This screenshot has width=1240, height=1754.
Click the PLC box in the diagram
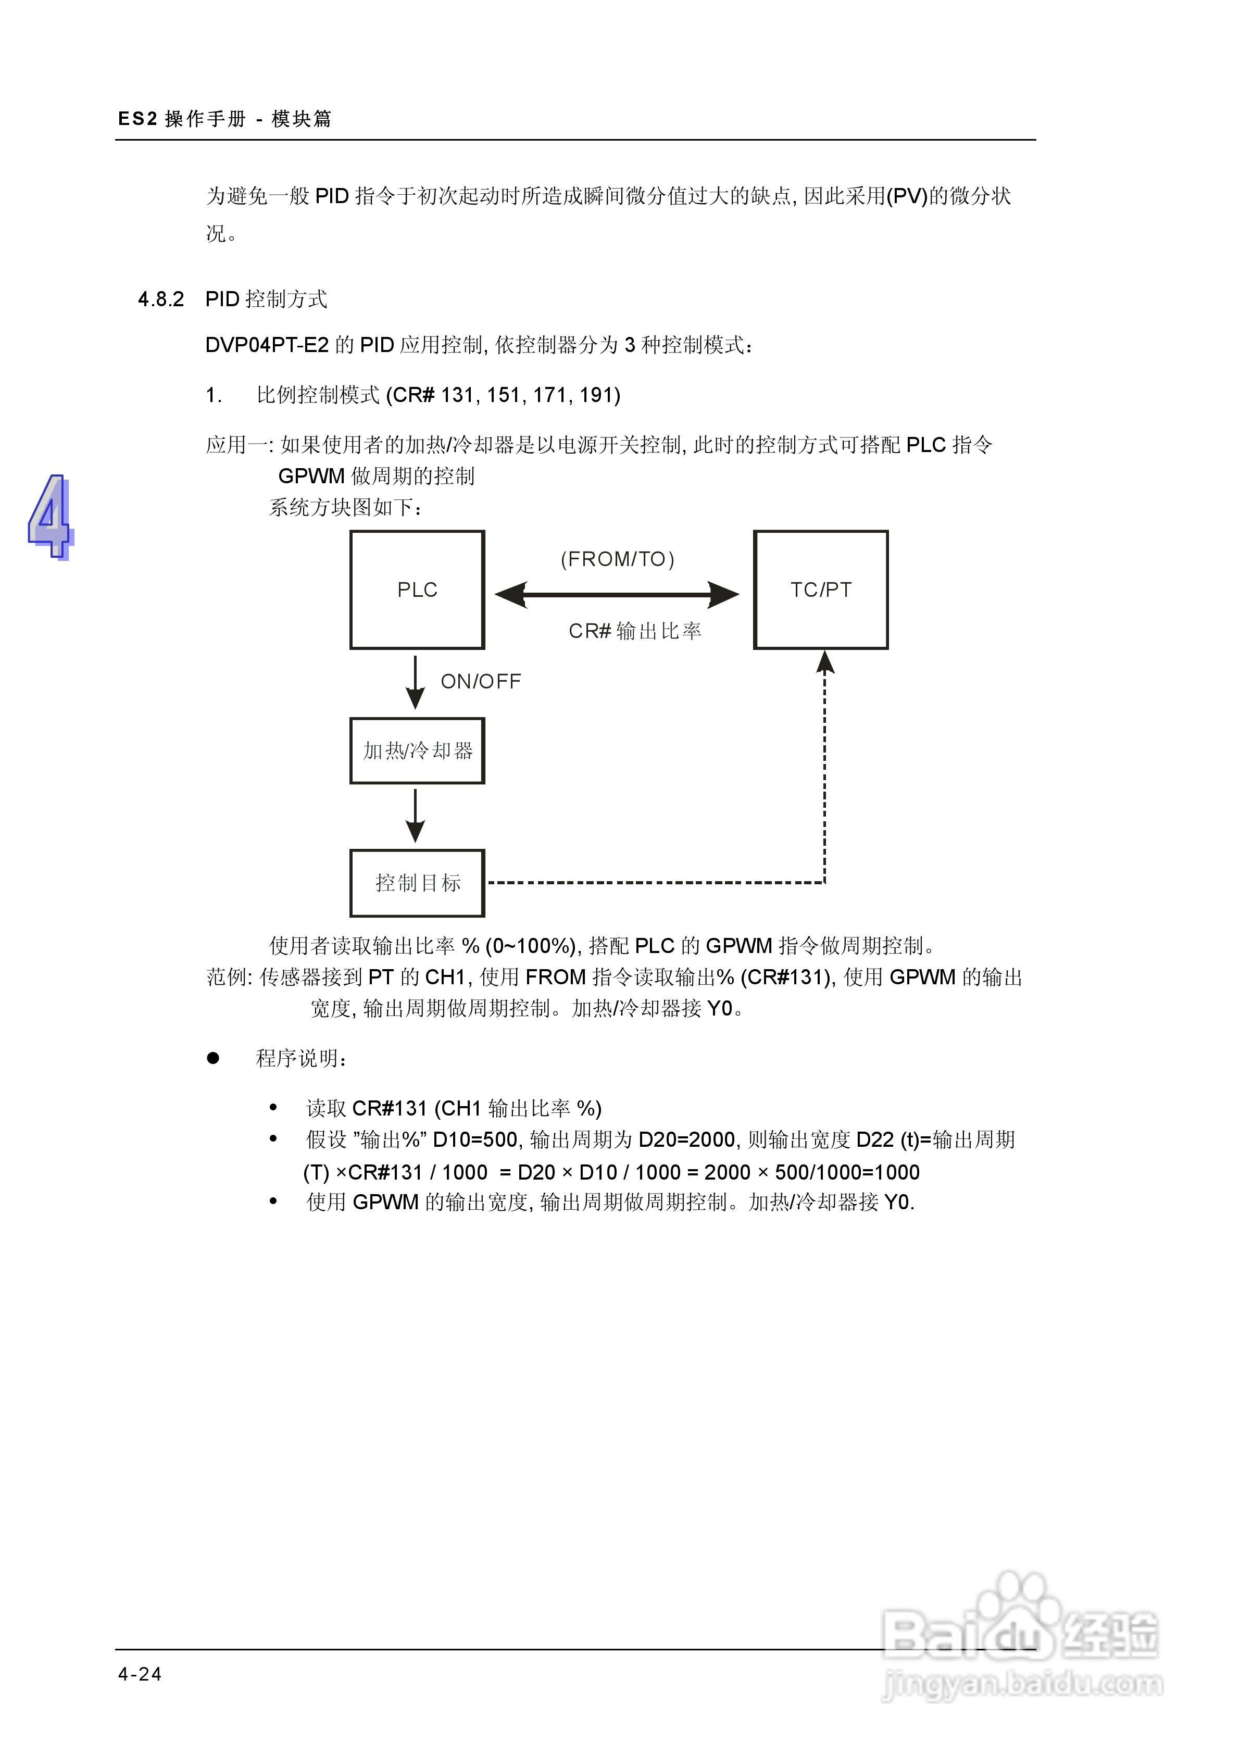click(x=417, y=590)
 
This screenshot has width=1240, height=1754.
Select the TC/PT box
click(x=821, y=590)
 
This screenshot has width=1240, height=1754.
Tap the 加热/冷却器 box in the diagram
click(x=417, y=751)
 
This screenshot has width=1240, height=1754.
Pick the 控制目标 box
click(x=417, y=883)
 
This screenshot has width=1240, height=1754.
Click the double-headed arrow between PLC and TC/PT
click(x=617, y=594)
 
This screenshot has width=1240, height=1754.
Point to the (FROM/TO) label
click(x=617, y=559)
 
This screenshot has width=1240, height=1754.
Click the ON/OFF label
click(x=481, y=681)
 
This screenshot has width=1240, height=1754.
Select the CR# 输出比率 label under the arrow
click(x=635, y=631)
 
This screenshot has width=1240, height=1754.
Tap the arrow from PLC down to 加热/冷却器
click(x=415, y=682)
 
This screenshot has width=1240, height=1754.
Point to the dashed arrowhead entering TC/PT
click(x=825, y=661)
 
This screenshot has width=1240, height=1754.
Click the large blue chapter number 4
click(x=51, y=517)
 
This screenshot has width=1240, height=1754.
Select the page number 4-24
click(x=140, y=1674)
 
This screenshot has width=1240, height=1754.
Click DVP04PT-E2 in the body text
click(x=267, y=345)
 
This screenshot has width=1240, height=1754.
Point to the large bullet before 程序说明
click(x=213, y=1058)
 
